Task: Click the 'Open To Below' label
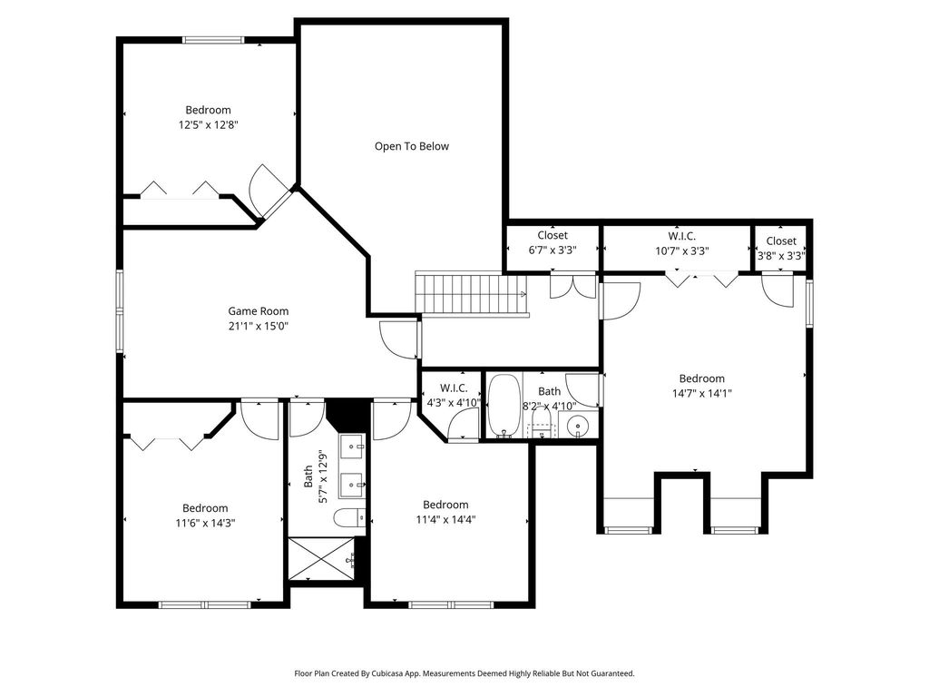(412, 146)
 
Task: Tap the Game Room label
(259, 310)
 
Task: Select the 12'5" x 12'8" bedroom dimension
(208, 125)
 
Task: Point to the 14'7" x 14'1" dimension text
(701, 394)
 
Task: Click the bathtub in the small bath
(504, 406)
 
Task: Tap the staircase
(471, 294)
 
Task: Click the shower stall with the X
(322, 559)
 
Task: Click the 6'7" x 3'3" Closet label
(553, 243)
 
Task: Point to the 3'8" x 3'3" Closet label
(781, 249)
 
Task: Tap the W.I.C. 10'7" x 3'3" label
(682, 243)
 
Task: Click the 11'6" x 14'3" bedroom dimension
(205, 524)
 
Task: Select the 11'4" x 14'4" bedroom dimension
(445, 520)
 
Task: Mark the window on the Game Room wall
(120, 311)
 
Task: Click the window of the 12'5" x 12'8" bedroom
(213, 40)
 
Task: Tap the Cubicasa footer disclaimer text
(464, 673)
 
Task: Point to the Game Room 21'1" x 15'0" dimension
(259, 326)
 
